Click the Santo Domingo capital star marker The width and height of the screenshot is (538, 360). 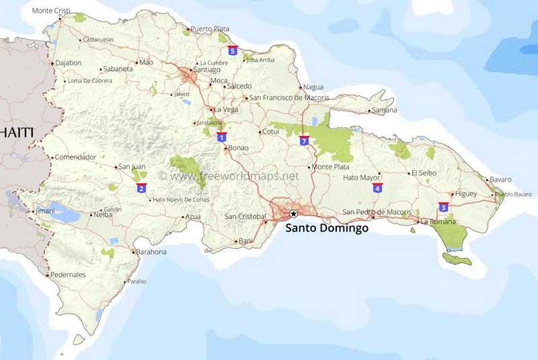click(293, 214)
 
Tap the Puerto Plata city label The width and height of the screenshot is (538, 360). click(210, 29)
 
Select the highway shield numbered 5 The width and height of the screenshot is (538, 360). click(233, 50)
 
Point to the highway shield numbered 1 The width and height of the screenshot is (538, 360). click(221, 137)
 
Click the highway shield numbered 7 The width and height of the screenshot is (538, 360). click(304, 141)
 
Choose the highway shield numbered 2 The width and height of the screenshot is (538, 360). click(141, 188)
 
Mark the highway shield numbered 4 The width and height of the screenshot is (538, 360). click(377, 188)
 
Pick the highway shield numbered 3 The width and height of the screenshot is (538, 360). click(443, 207)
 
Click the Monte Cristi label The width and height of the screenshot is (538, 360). click(51, 11)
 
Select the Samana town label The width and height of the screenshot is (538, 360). click(385, 110)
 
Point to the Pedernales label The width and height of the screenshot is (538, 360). click(68, 275)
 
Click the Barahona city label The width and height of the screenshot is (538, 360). click(151, 252)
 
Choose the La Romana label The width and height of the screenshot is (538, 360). click(438, 221)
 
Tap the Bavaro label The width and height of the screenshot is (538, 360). click(500, 180)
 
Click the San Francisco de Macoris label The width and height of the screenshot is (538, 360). click(289, 98)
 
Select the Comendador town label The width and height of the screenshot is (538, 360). click(76, 157)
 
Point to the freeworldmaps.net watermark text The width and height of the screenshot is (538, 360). click(229, 176)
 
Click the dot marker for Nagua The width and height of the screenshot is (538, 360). click(300, 87)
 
